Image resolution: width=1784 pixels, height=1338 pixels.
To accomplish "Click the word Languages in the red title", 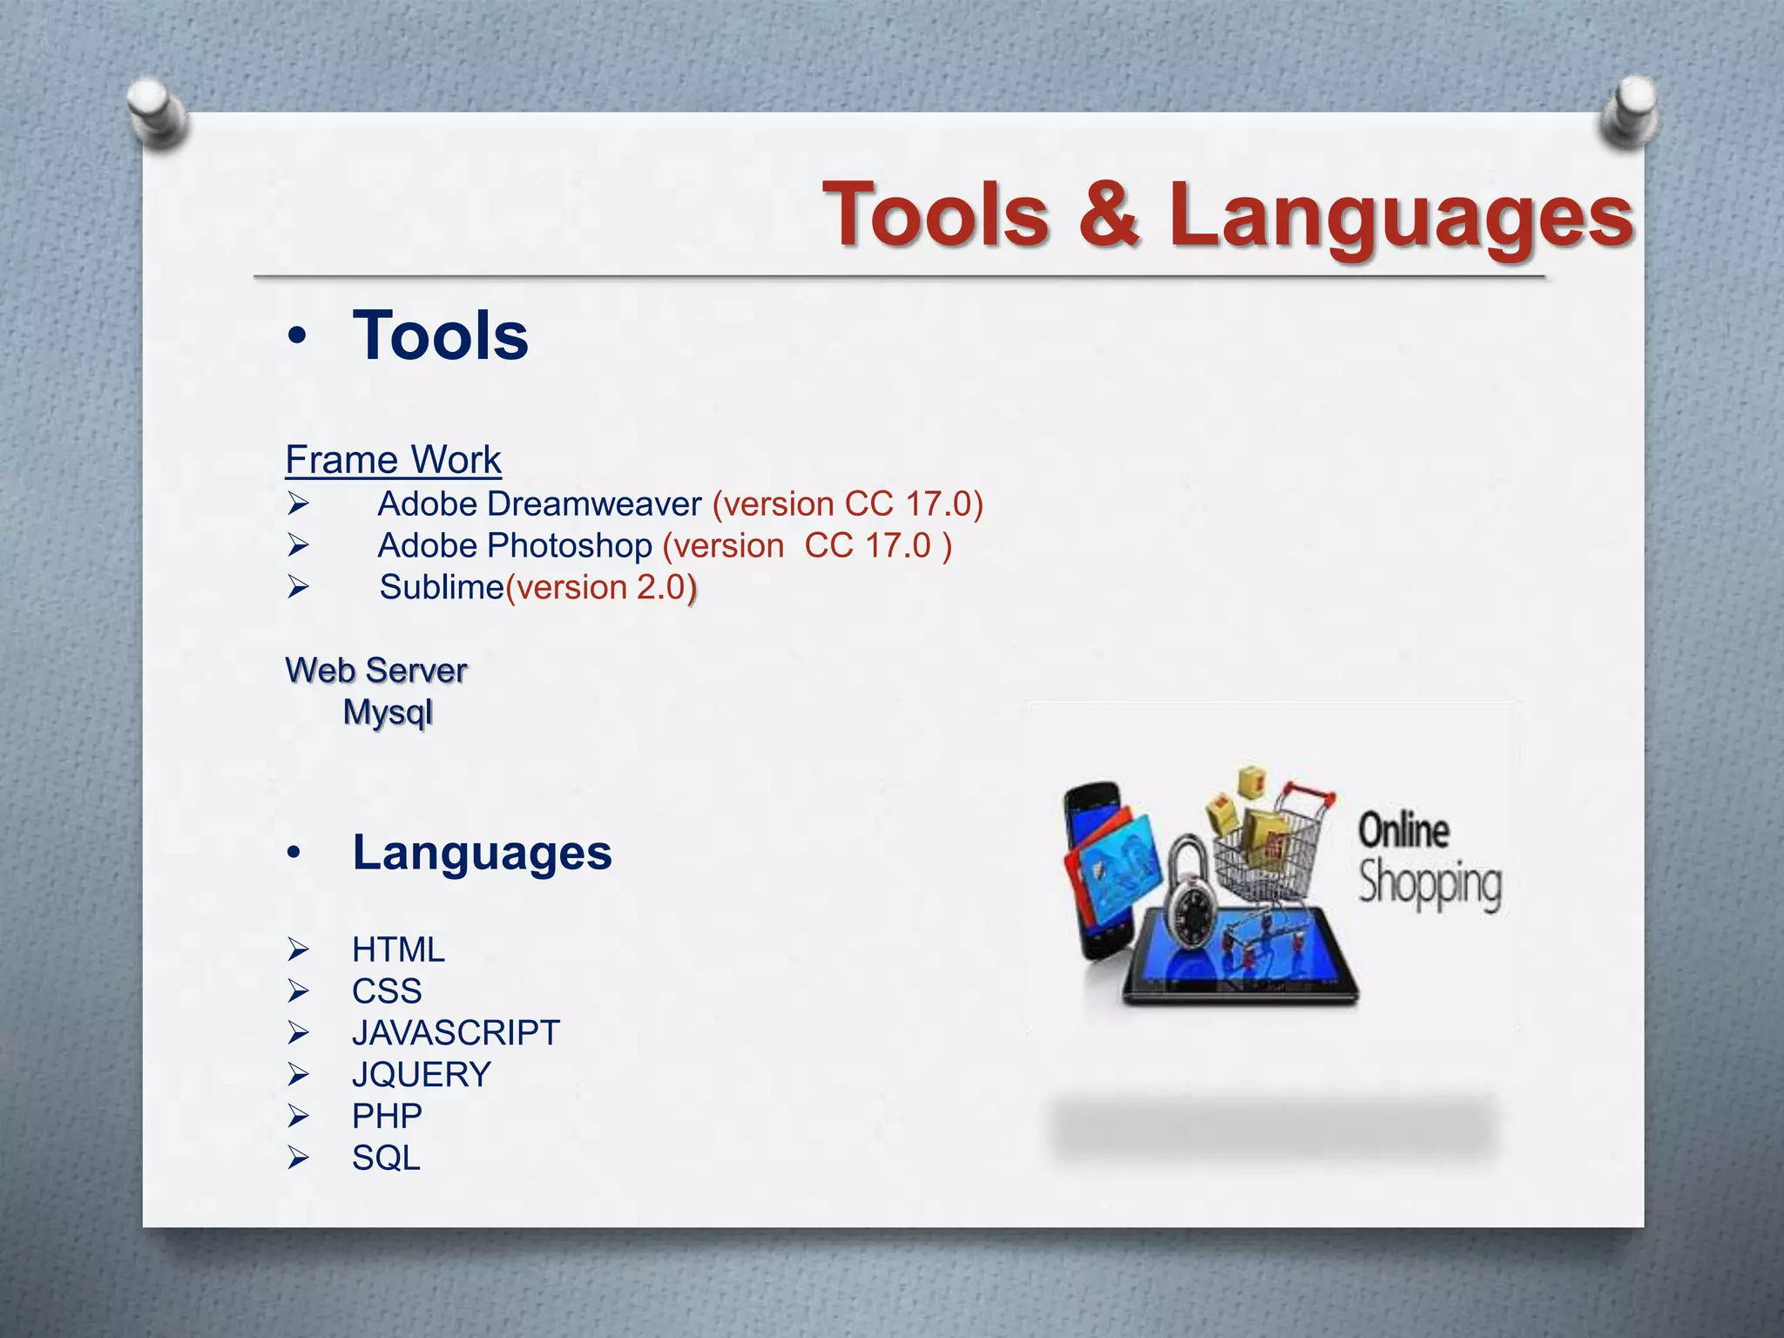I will pos(1400,216).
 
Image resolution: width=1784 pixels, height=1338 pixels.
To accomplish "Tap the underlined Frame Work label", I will pos(393,460).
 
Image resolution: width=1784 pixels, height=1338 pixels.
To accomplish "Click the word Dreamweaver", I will pos(594,504).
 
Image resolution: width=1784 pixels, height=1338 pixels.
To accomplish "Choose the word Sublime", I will pos(442,588).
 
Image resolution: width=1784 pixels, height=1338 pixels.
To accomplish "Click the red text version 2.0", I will pos(601,588).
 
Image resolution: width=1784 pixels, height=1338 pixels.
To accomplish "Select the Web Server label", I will pos(376,671).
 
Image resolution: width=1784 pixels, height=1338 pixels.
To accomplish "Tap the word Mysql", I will pos(388,713).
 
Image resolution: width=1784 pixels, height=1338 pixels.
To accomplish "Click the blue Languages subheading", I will pos(482,852).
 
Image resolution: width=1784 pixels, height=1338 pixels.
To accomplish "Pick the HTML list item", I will pos(398,949).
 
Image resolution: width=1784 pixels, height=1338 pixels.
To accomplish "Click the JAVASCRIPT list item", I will pos(456,1033).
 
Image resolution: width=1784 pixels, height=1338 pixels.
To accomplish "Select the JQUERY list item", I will pos(422,1075).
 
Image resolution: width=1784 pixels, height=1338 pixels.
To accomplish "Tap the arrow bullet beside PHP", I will pos(298,1116).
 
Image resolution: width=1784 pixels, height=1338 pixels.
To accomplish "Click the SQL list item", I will pos(386,1158).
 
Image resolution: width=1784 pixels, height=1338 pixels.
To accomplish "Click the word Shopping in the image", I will pos(1429,884).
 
